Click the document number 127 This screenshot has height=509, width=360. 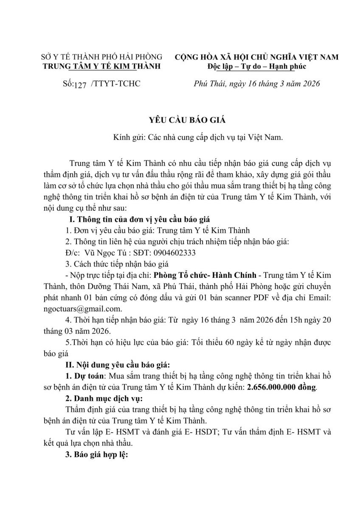coord(79,84)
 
